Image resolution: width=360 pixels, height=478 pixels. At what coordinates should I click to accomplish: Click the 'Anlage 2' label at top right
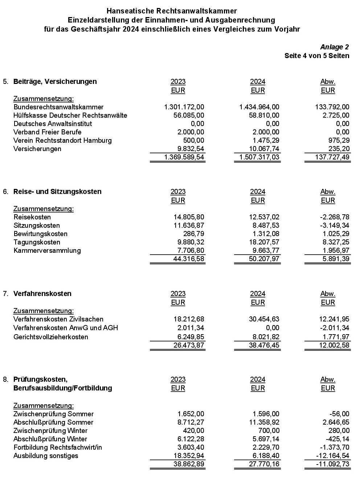pos(334,47)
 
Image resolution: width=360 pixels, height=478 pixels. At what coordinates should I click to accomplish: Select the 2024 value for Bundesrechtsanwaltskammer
pos(259,107)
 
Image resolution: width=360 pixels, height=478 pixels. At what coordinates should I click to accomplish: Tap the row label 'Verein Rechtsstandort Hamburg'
pos(62,140)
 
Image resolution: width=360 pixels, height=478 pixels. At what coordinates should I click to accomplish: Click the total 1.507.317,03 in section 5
pos(259,157)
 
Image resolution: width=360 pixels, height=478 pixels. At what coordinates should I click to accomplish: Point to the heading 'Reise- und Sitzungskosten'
pos(57,191)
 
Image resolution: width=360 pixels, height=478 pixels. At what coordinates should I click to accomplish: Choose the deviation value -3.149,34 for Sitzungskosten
pos(335,225)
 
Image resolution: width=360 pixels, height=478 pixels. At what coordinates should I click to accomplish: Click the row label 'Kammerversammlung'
pos(47,250)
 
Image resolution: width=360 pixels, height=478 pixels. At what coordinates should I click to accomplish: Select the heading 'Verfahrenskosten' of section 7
pos(42,293)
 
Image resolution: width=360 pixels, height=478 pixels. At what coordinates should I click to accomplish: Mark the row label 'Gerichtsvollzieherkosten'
pos(51,337)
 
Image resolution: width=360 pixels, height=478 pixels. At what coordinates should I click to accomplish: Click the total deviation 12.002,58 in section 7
pos(334,345)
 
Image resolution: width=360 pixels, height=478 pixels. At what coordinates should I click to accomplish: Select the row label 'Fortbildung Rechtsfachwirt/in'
pos(58,447)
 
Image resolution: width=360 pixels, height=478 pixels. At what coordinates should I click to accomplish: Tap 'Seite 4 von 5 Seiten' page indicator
pos(317,56)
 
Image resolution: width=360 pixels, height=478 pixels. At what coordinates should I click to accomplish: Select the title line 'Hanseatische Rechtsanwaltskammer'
pos(172,11)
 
